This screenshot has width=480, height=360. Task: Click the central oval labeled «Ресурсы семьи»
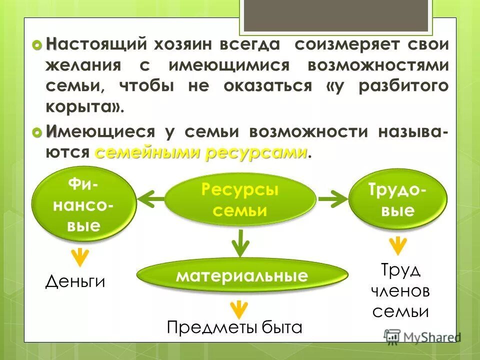(x=240, y=199)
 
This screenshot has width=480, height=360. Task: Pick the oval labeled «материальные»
(x=242, y=275)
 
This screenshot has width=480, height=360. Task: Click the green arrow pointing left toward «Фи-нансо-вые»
(x=150, y=200)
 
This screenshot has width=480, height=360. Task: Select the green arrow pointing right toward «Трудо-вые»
(x=332, y=200)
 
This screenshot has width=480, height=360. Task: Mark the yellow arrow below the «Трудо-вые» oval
(x=398, y=245)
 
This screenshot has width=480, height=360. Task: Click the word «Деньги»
(x=75, y=281)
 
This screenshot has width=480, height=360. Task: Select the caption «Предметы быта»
(x=234, y=327)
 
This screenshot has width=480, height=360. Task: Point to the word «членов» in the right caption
(x=400, y=291)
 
